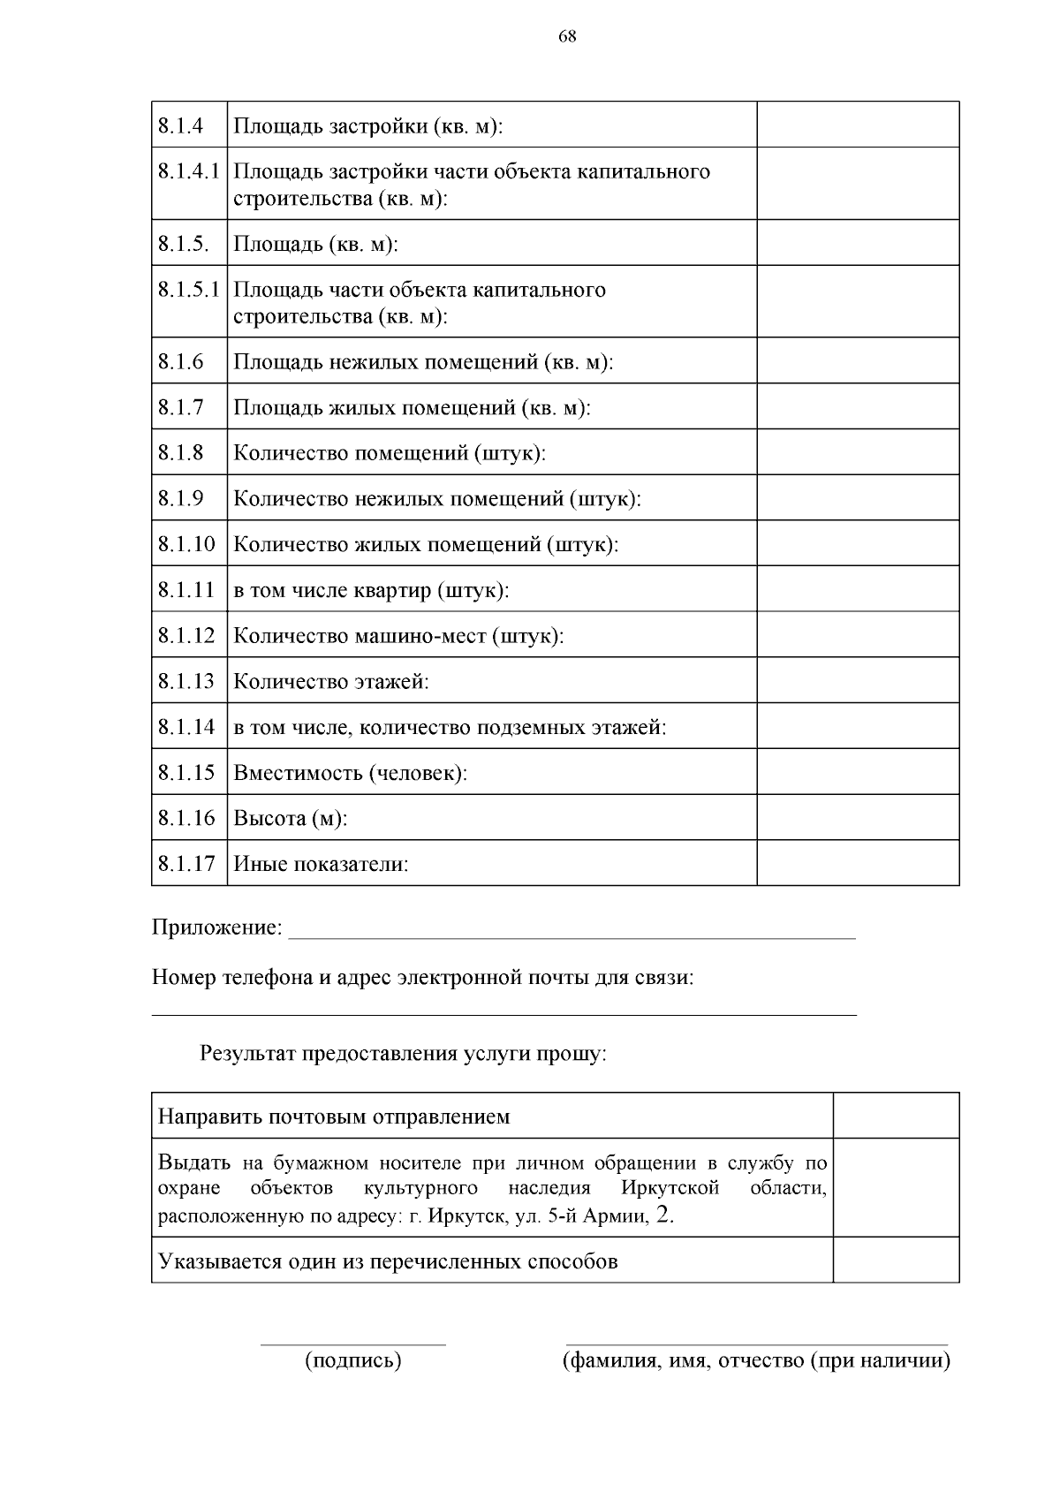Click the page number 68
(x=568, y=36)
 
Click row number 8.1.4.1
(x=188, y=171)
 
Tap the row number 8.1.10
(x=186, y=544)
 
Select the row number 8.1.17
(x=186, y=864)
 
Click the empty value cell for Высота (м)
(x=857, y=818)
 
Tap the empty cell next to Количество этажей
(x=857, y=681)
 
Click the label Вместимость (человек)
(x=350, y=773)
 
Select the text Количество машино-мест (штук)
(x=398, y=636)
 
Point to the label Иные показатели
(x=321, y=864)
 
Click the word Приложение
(x=216, y=928)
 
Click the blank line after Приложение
(x=572, y=932)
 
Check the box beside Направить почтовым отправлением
(x=896, y=1116)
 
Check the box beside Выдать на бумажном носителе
(x=896, y=1187)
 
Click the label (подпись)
(x=353, y=1360)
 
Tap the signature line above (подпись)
(x=353, y=1344)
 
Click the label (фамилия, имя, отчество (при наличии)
(x=756, y=1360)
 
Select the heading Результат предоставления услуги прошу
(x=403, y=1054)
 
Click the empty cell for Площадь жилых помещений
(x=857, y=407)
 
